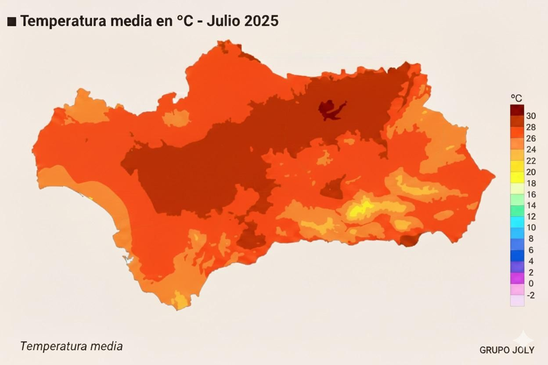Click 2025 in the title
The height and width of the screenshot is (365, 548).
[x=261, y=21]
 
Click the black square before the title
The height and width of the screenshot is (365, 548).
[x=12, y=21]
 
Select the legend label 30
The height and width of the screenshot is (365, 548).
[x=531, y=116]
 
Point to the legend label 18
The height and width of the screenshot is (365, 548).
[x=531, y=183]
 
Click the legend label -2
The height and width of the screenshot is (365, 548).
[x=531, y=295]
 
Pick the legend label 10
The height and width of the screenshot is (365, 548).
[x=531, y=227]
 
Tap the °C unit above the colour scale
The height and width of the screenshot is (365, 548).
[x=516, y=98]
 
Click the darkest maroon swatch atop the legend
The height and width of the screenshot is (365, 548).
[x=517, y=110]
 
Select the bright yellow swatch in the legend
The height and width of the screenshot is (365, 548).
[x=517, y=177]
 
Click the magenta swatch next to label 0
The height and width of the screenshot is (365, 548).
[x=517, y=278]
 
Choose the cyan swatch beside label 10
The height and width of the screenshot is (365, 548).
[x=517, y=222]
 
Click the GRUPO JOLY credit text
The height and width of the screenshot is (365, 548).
[x=507, y=350]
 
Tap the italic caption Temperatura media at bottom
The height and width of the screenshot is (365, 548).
[x=71, y=346]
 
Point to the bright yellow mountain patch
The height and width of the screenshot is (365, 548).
[x=360, y=209]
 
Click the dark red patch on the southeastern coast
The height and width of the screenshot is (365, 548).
[x=409, y=240]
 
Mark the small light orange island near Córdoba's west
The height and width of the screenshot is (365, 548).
[x=175, y=118]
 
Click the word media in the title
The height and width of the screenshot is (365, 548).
[x=132, y=21]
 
